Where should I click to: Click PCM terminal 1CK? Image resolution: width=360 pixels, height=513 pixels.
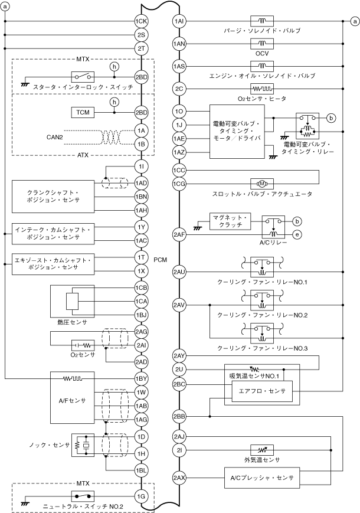(x=141, y=22)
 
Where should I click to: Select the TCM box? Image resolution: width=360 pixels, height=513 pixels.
(x=81, y=112)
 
